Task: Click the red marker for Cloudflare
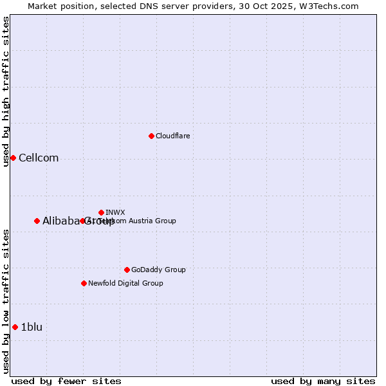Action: click(x=151, y=136)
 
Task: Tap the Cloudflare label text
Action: click(x=172, y=136)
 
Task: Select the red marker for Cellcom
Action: click(x=13, y=158)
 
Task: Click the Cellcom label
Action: click(x=39, y=158)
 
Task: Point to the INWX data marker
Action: click(x=101, y=212)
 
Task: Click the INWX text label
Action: click(x=115, y=212)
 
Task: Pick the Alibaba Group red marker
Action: click(x=37, y=221)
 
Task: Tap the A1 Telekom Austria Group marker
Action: click(x=82, y=221)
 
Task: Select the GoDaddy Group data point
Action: click(x=127, y=270)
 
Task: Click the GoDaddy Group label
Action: click(x=158, y=270)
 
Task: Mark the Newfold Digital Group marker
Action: click(x=84, y=283)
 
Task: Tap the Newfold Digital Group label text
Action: click(x=125, y=283)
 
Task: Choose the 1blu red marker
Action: click(x=15, y=327)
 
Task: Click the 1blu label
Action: click(x=32, y=327)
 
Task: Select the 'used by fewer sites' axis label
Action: click(x=66, y=381)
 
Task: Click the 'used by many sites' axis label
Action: click(x=323, y=381)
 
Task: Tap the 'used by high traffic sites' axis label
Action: click(x=6, y=91)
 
